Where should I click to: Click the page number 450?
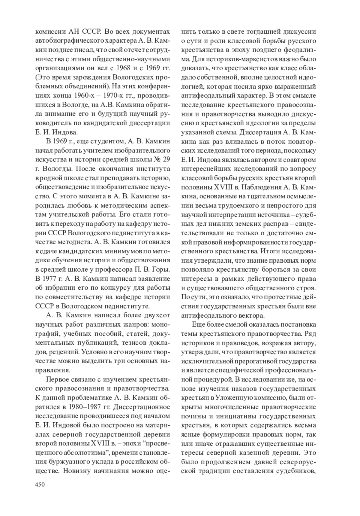coord(40,485)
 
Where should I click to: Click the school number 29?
coord(166,159)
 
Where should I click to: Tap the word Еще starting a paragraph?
coord(198,325)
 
